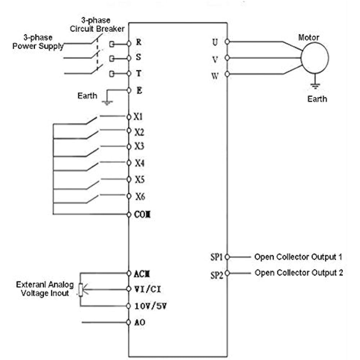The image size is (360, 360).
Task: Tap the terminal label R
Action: click(x=139, y=42)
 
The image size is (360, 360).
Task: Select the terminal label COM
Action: click(x=142, y=215)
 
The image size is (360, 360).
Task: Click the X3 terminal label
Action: click(x=139, y=147)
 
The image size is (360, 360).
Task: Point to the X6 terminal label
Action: click(x=140, y=197)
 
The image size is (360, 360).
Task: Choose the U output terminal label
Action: click(x=215, y=42)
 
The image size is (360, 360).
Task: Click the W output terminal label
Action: click(x=215, y=76)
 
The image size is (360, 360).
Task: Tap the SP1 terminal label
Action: click(x=217, y=257)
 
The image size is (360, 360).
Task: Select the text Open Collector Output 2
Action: click(x=299, y=273)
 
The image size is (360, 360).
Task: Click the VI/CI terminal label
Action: click(x=145, y=289)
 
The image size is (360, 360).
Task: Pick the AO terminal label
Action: click(x=140, y=322)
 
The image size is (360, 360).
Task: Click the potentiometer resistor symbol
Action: click(x=81, y=290)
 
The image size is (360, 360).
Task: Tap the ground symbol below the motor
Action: click(x=315, y=86)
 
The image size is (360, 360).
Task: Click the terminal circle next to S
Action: click(x=129, y=58)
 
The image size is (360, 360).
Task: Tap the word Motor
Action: click(x=309, y=37)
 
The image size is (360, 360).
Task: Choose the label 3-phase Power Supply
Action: click(x=38, y=42)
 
